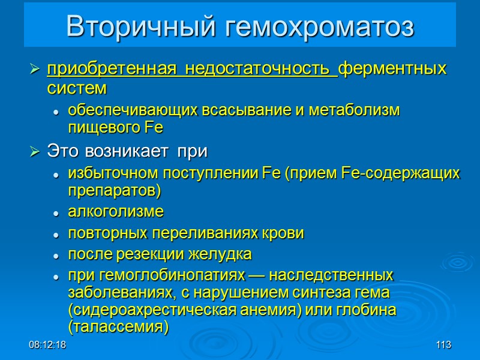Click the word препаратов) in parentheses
pos(115,191)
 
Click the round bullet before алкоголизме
pos(55,213)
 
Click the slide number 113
pos(443,346)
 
